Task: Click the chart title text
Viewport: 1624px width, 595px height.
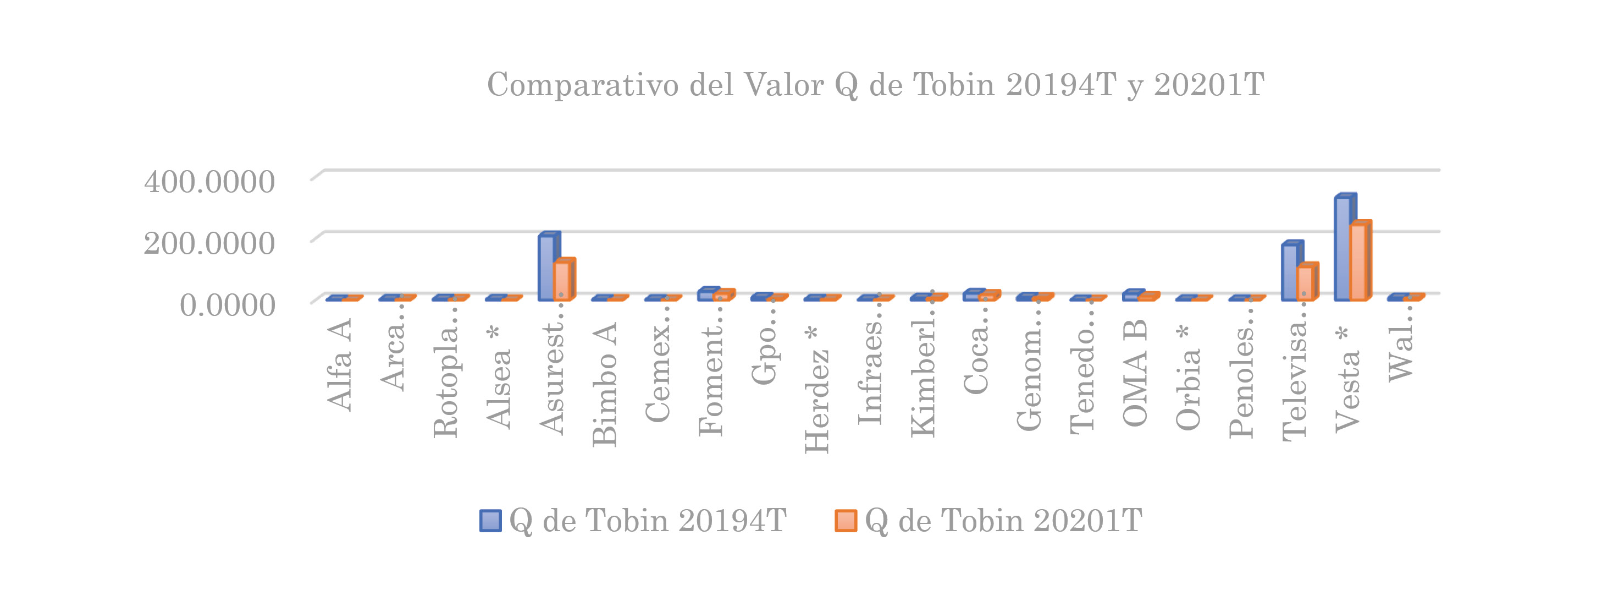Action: pos(875,85)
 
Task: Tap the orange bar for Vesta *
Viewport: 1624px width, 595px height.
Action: pos(1358,262)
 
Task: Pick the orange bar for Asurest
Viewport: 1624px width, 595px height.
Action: pos(562,281)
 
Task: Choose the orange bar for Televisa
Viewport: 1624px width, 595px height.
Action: pos(1305,283)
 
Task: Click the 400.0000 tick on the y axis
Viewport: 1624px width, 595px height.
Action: pos(209,182)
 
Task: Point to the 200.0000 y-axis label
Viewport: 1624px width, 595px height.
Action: pos(209,243)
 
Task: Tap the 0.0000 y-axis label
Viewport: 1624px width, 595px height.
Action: pos(228,305)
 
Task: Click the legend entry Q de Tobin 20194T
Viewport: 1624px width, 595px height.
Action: pos(633,521)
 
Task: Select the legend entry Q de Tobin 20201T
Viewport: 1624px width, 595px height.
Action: pos(988,521)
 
